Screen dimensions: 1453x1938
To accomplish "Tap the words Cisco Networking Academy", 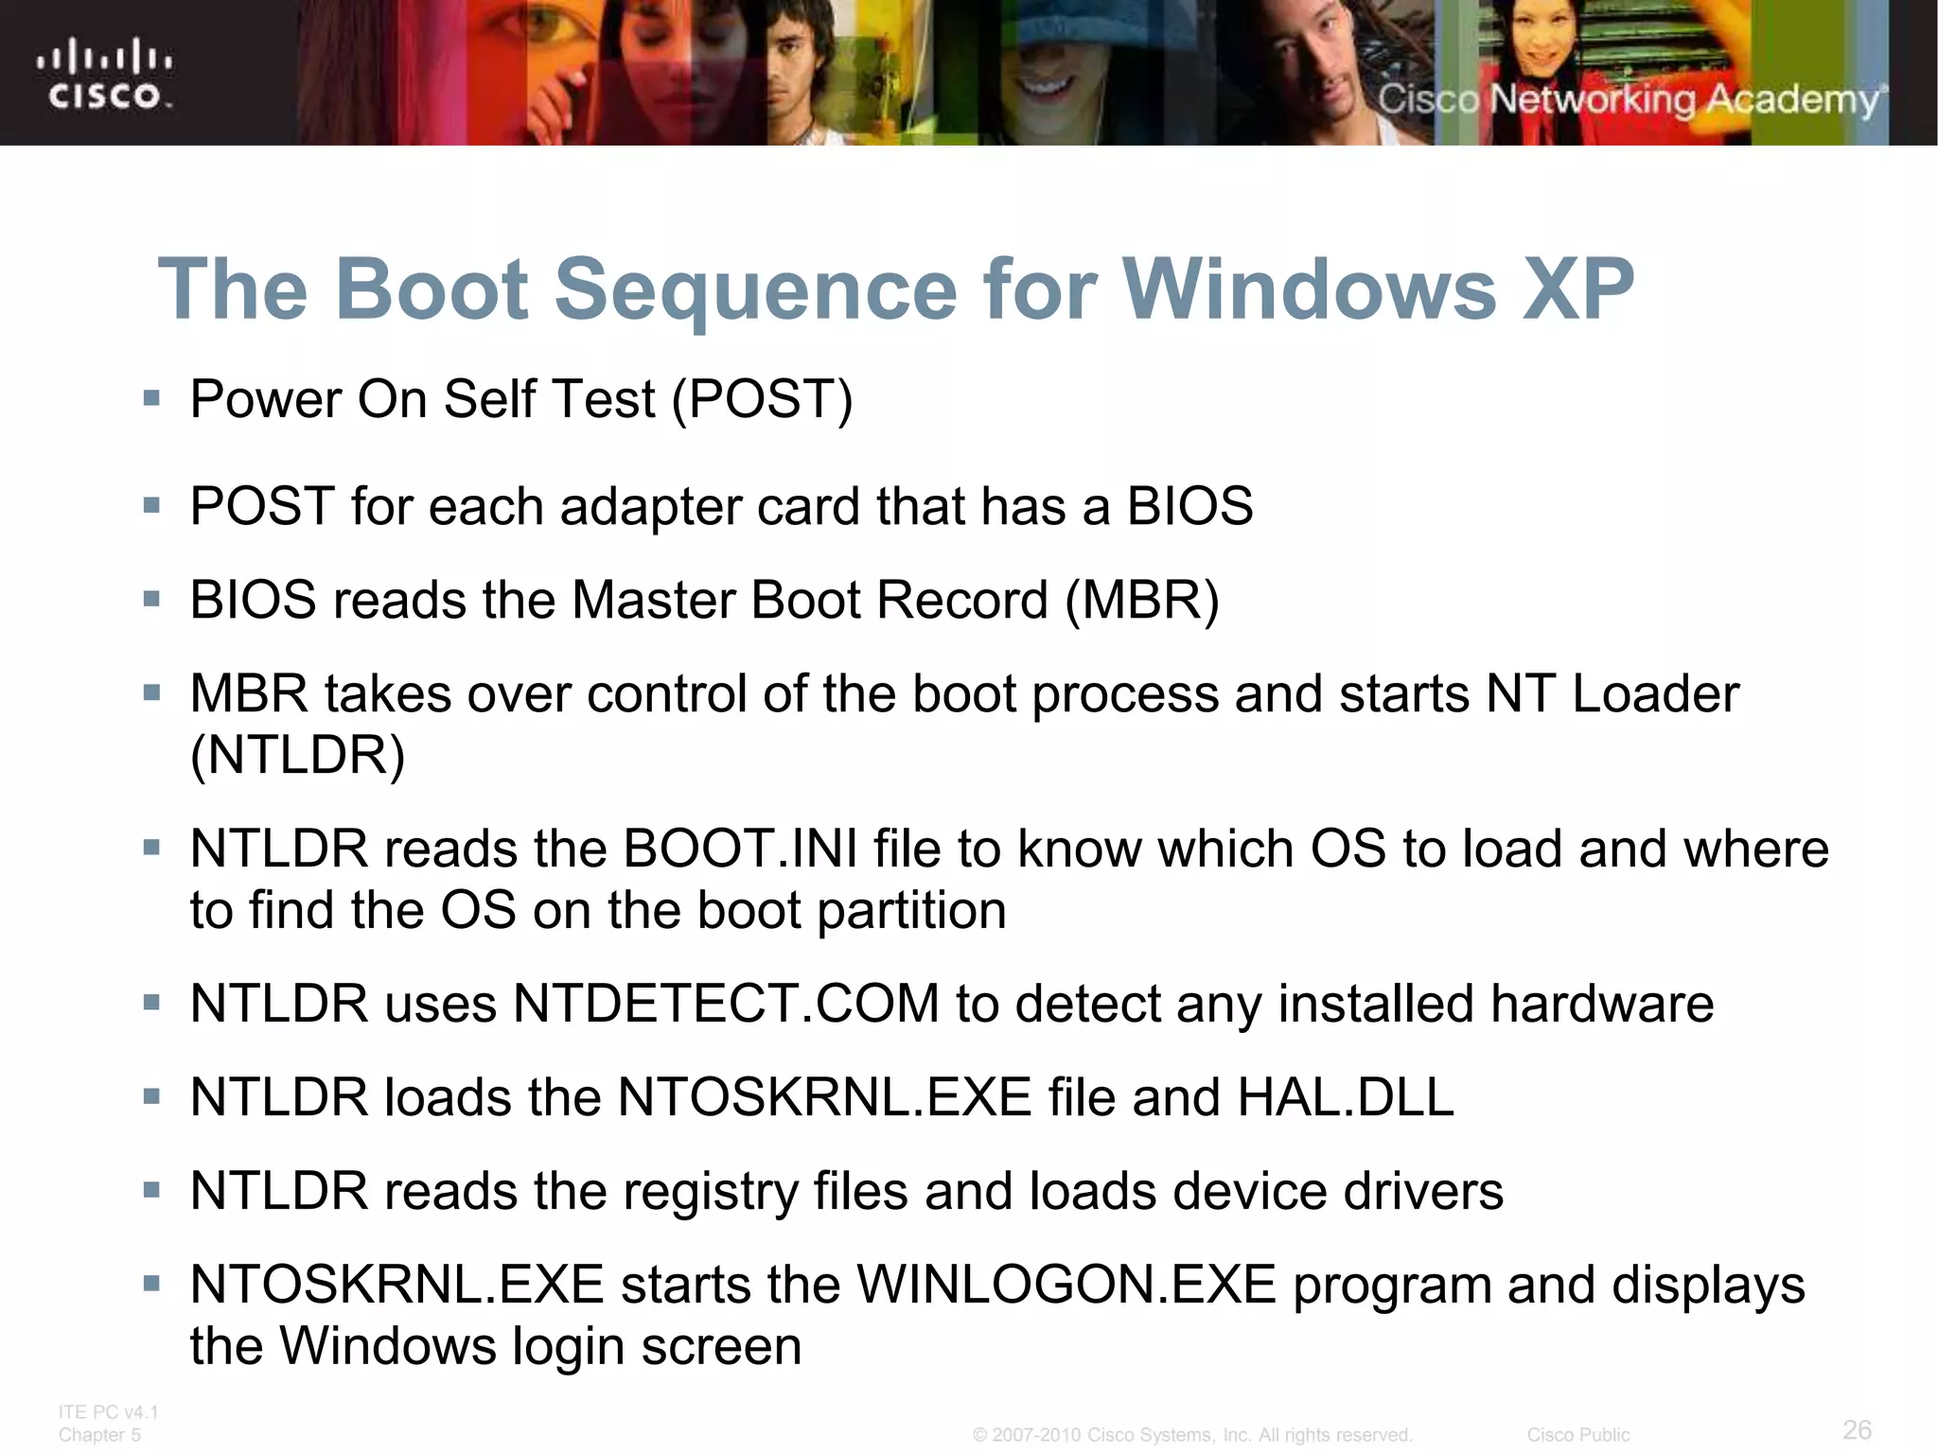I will coord(1629,99).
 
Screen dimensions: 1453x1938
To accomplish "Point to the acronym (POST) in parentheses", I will coord(763,399).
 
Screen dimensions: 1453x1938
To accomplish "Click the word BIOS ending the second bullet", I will coord(1189,506).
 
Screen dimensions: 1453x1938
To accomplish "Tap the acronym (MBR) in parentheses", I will coord(1142,601).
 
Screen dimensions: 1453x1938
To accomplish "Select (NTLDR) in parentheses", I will coord(297,756).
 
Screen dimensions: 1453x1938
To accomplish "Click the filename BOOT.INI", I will coord(740,849).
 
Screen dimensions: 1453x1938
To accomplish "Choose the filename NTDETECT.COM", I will coord(726,1004).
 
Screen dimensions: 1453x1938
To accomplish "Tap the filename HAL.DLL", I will coord(1345,1097).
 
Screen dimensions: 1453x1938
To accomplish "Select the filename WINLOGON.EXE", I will coord(1066,1285).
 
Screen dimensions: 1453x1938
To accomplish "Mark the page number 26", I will coord(1857,1429).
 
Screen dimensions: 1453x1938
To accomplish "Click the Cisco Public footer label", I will coord(1577,1435).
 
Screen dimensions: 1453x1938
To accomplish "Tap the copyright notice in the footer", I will coord(1192,1435).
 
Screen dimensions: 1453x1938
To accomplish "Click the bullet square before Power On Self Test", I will coord(151,398).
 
